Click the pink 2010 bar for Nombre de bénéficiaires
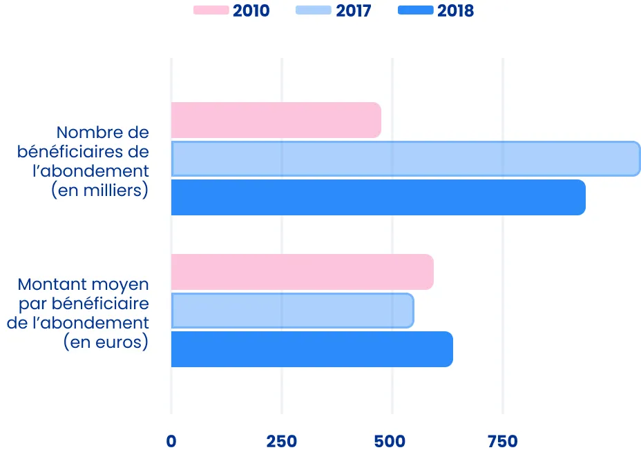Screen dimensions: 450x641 (276, 120)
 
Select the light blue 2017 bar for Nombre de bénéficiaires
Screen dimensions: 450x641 (405, 159)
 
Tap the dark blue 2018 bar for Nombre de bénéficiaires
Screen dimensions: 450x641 (378, 197)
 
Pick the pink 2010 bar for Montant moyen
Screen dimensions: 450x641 (302, 272)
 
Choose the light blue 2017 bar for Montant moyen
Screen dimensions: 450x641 (292, 311)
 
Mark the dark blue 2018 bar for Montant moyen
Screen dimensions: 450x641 (312, 349)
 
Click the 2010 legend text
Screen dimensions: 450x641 (251, 10)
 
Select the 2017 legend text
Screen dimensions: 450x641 (353, 10)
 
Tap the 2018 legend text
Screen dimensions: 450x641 (455, 10)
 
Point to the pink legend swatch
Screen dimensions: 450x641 (211, 10)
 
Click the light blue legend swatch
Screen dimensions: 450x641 (313, 10)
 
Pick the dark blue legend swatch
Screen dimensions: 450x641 (416, 10)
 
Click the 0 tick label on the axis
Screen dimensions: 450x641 (171, 441)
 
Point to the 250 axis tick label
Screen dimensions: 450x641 (282, 441)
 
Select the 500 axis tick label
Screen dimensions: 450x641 (392, 441)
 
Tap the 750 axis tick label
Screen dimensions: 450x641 (503, 441)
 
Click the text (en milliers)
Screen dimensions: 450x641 (100, 190)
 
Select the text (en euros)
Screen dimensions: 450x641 (106, 342)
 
